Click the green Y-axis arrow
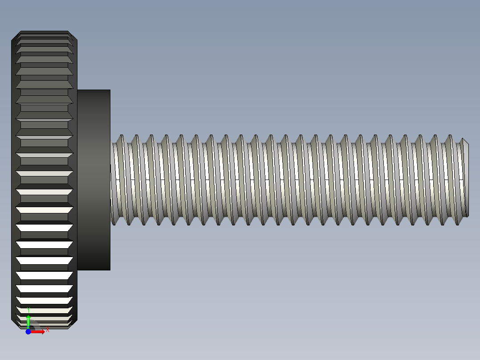(28, 320)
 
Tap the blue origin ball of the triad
(28, 331)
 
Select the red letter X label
(47, 329)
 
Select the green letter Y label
(28, 309)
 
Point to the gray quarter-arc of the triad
(35, 324)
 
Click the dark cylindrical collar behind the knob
(94, 180)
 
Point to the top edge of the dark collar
(94, 90)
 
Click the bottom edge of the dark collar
(94, 270)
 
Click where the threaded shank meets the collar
(111, 180)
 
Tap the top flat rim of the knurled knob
(45, 32)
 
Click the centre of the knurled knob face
(45, 180)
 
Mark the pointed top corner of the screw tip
(463, 139)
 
